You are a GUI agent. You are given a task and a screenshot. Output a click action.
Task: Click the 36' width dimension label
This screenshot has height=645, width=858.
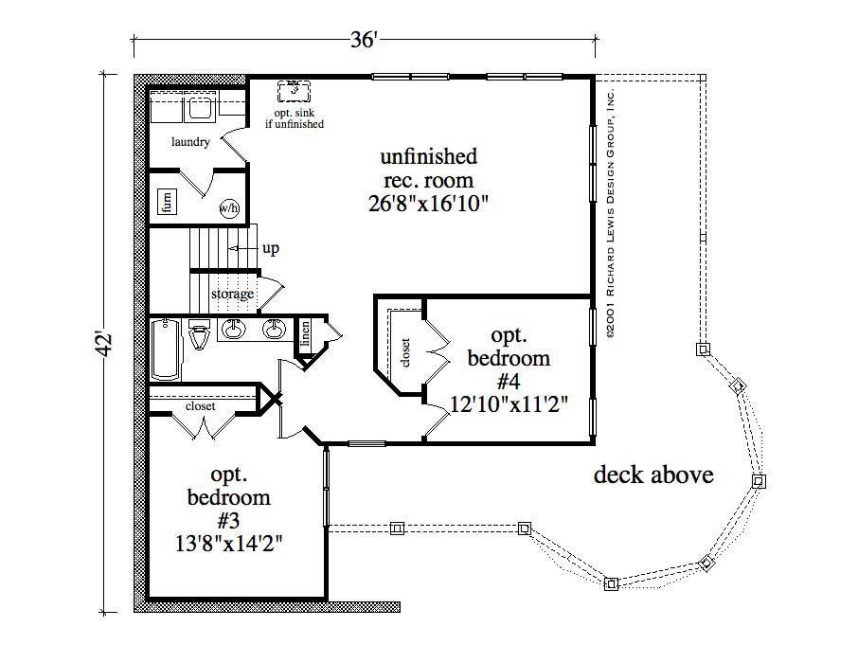pyautogui.click(x=365, y=39)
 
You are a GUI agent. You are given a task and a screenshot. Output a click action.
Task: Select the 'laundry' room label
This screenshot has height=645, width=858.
pyautogui.click(x=190, y=142)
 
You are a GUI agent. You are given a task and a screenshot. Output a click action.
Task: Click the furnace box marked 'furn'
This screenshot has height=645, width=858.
pyautogui.click(x=167, y=202)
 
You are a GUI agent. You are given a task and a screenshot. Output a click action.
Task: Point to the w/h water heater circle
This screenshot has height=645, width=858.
pyautogui.click(x=229, y=207)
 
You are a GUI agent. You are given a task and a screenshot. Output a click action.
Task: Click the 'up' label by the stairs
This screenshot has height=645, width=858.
pyautogui.click(x=271, y=249)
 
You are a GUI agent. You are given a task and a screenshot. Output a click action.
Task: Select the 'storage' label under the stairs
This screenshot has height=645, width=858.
pyautogui.click(x=232, y=295)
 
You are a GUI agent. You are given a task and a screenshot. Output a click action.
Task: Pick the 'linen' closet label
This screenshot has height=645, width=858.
pyautogui.click(x=306, y=334)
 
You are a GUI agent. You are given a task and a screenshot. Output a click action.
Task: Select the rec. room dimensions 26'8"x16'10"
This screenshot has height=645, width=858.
pyautogui.click(x=428, y=204)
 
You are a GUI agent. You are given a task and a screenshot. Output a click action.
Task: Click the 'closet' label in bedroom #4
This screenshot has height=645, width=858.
pyautogui.click(x=405, y=351)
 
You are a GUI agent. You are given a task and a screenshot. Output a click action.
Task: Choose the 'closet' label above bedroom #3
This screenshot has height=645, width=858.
pyautogui.click(x=200, y=406)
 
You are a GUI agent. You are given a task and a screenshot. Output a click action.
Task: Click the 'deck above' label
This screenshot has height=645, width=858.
pyautogui.click(x=652, y=475)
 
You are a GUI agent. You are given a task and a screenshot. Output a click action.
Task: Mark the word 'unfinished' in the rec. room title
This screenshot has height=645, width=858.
pyautogui.click(x=428, y=156)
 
